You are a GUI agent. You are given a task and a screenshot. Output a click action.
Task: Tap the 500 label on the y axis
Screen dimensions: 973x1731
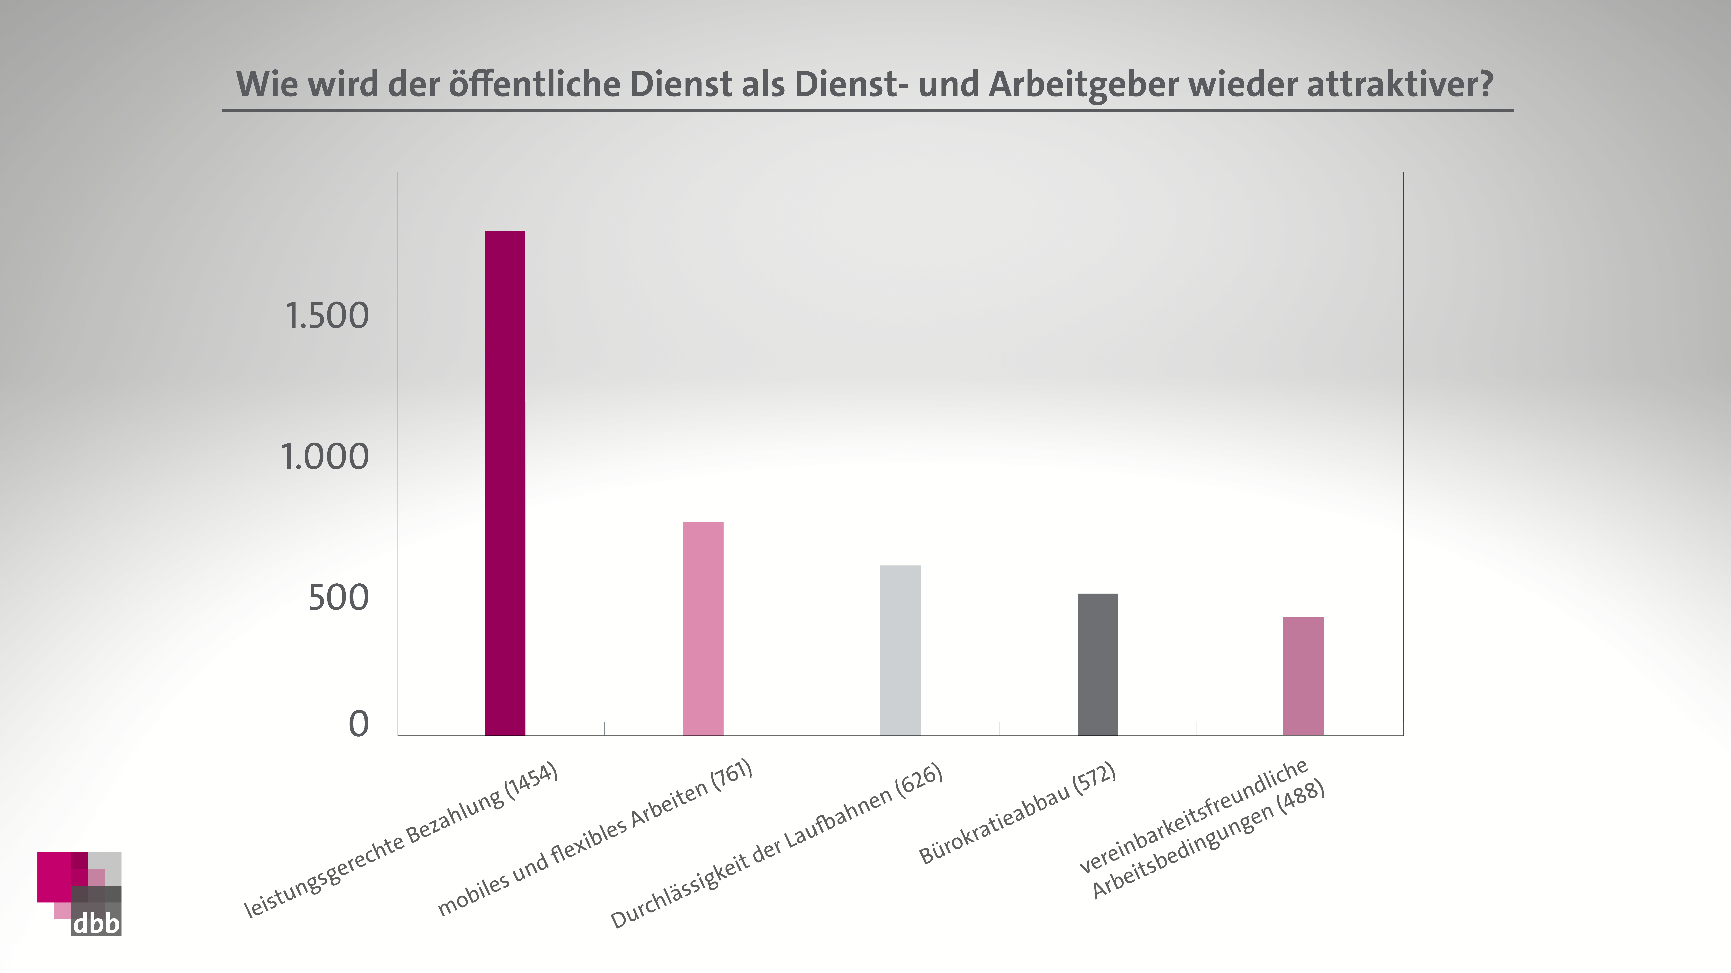338,598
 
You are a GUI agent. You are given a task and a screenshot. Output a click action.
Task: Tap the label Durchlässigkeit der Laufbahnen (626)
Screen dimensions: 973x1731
776,847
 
